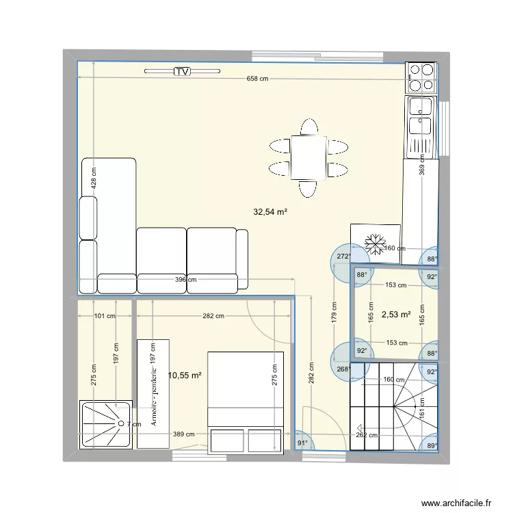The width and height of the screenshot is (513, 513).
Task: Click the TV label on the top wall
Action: [x=181, y=71]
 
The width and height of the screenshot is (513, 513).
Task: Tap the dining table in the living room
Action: [x=309, y=158]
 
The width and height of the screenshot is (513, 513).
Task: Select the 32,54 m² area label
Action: [x=269, y=212]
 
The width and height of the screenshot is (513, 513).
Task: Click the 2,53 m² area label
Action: [x=396, y=315]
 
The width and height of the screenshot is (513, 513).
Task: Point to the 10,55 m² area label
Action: [x=185, y=375]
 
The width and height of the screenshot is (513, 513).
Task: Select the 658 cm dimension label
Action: [x=257, y=79]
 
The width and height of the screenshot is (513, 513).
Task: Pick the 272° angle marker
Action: [x=343, y=256]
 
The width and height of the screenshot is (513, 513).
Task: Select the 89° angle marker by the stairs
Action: [x=432, y=445]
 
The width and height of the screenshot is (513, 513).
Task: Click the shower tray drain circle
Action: [x=120, y=424]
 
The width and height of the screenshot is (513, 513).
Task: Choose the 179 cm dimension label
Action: [x=334, y=314]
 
